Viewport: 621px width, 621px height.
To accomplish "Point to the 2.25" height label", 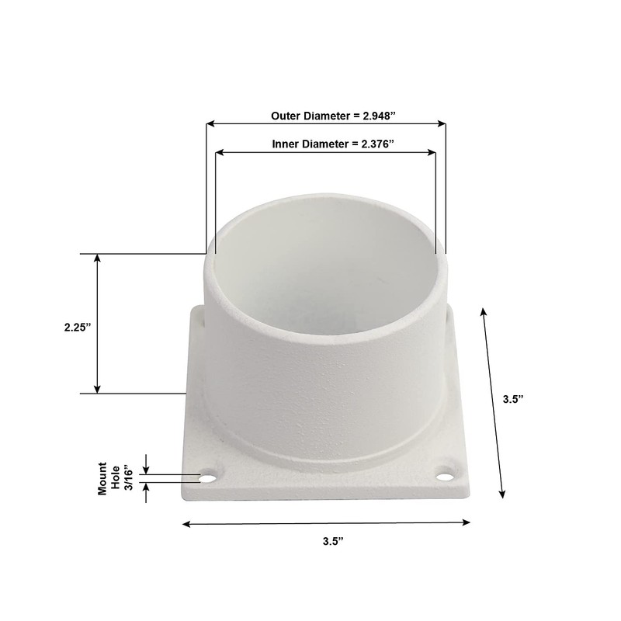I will coord(77,328).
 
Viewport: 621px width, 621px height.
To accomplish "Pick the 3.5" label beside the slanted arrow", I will coord(513,401).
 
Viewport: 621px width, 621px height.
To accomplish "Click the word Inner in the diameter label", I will coord(287,144).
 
